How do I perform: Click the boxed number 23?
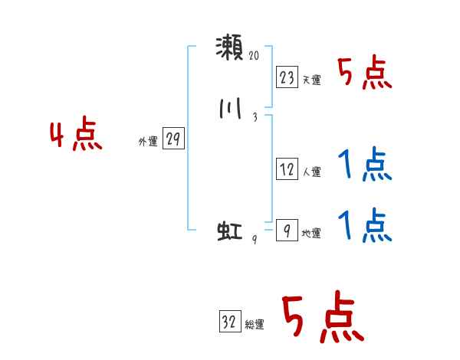tap(287, 77)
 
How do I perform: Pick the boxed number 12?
tap(287, 170)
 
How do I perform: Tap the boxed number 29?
tap(173, 139)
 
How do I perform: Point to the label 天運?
tap(311, 80)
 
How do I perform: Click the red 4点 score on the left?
tap(77, 136)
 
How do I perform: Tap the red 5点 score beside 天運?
tap(365, 74)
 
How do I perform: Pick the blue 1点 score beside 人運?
tap(365, 165)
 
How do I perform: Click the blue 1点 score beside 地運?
tap(365, 226)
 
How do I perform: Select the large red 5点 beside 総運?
tap(322, 318)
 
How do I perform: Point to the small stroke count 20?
tap(255, 57)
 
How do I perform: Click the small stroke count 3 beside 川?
tap(254, 117)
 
